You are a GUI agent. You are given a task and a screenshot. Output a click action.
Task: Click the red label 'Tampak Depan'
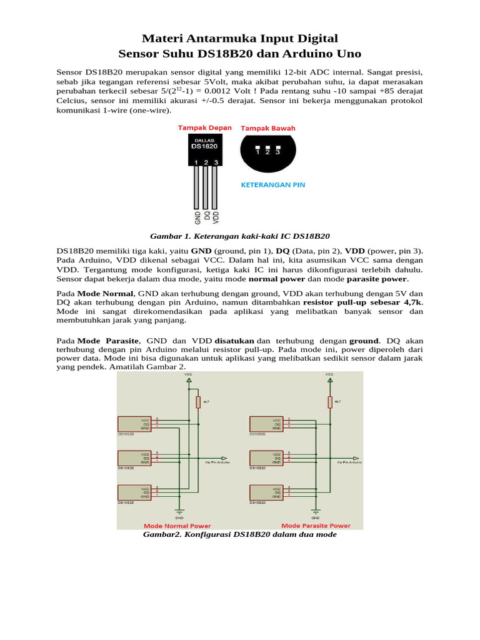click(204, 127)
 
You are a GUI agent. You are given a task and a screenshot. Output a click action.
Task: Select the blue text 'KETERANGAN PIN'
click(273, 185)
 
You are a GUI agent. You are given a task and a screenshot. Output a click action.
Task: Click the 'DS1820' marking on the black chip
click(205, 146)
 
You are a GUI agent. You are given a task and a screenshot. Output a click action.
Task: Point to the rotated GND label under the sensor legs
click(197, 217)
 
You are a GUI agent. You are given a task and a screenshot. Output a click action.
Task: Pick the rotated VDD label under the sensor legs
click(216, 217)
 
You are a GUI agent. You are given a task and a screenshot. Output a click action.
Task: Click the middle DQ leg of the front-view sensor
click(206, 187)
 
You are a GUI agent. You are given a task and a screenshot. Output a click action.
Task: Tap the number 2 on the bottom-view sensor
click(267, 151)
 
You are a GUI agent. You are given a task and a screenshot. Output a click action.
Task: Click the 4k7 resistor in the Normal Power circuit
click(198, 402)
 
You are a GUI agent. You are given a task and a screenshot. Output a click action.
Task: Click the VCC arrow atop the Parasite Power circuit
click(329, 379)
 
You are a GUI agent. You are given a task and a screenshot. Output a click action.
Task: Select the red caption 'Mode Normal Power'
click(177, 526)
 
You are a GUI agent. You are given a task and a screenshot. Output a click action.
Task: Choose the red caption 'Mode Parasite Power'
click(316, 526)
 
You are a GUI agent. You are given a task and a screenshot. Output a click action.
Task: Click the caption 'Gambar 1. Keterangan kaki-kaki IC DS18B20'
click(240, 236)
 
